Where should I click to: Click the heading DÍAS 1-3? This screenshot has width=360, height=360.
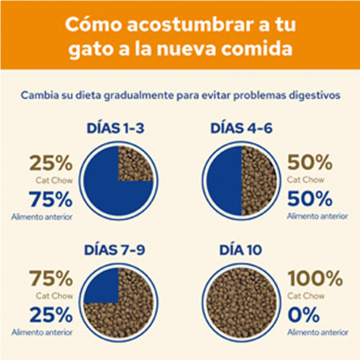point(116,128)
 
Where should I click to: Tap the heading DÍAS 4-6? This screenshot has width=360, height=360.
point(241,128)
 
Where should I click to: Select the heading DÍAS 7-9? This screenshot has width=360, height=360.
point(115,250)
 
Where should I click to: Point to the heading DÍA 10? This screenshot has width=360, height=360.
point(241,250)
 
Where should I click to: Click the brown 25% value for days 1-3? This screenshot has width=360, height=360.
point(51,163)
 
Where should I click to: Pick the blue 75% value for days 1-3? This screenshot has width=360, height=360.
point(51,199)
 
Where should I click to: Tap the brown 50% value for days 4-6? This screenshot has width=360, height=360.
point(309,162)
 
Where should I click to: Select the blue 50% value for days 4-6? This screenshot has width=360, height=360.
point(309,199)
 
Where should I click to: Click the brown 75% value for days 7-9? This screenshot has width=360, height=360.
point(51,279)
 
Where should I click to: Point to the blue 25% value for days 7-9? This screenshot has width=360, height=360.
point(51,315)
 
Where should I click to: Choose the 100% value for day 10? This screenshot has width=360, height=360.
point(315,279)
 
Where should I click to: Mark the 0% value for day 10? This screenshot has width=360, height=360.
point(304,314)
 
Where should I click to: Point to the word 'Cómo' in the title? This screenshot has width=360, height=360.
point(93,25)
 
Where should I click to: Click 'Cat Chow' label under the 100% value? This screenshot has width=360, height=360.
point(306,296)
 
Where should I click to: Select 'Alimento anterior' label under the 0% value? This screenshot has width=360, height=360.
point(318,332)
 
